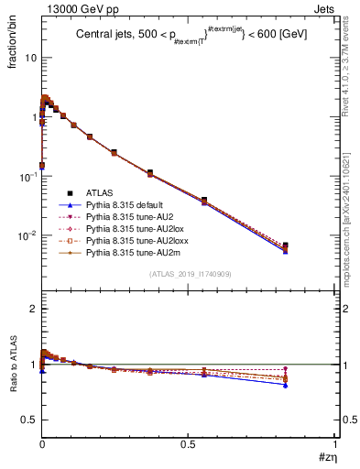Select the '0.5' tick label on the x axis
[188, 444]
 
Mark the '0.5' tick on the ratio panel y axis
[27, 420]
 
